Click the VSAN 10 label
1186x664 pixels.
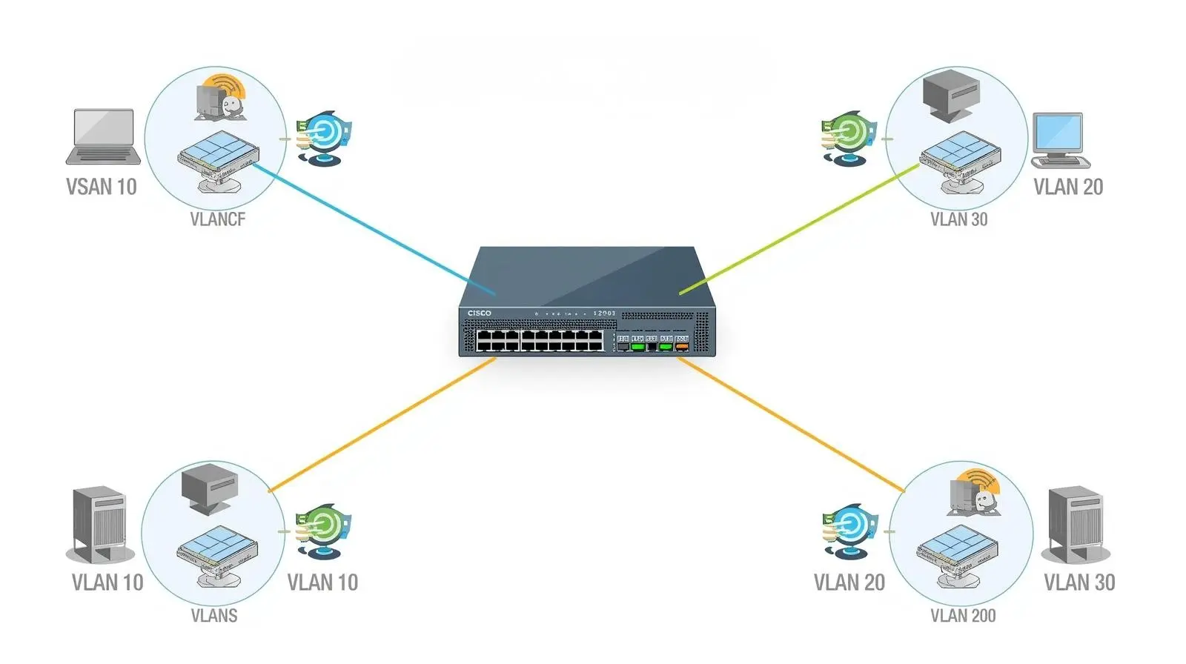(102, 187)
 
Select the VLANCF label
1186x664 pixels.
(217, 219)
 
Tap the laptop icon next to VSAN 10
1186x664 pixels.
(103, 136)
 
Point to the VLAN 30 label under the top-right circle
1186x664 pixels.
(958, 219)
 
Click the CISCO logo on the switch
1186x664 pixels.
(480, 313)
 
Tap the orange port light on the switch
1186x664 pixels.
(681, 347)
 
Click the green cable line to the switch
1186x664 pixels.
(801, 230)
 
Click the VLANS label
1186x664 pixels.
(214, 616)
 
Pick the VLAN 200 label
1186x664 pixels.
(963, 616)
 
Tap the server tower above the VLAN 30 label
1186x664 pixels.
(1076, 525)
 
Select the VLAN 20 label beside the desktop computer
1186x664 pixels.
(1068, 187)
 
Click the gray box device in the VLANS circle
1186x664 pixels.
(210, 488)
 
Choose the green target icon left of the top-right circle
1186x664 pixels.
(847, 137)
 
